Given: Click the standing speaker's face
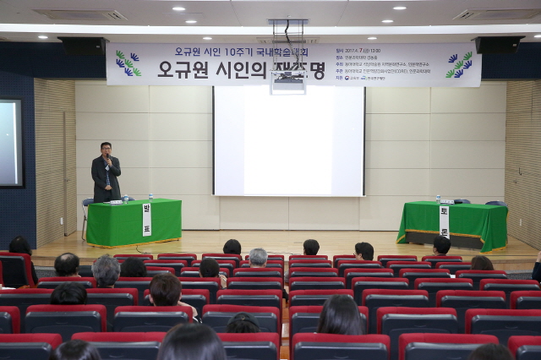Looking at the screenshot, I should [x=106, y=150].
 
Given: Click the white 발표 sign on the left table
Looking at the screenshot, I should [x=146, y=220].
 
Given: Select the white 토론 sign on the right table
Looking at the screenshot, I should [x=444, y=221].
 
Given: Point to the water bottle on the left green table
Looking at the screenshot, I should [x=126, y=198].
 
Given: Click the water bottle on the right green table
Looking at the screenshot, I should [x=438, y=199].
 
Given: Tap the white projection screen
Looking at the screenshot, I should [x=288, y=141].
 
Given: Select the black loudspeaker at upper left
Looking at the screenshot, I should [x=82, y=46].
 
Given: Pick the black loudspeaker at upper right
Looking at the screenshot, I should [x=497, y=45].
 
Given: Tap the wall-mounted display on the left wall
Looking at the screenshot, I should [x=10, y=143].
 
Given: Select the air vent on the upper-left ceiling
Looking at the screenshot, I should [x=81, y=14].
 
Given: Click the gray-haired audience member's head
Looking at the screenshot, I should [x=258, y=256].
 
